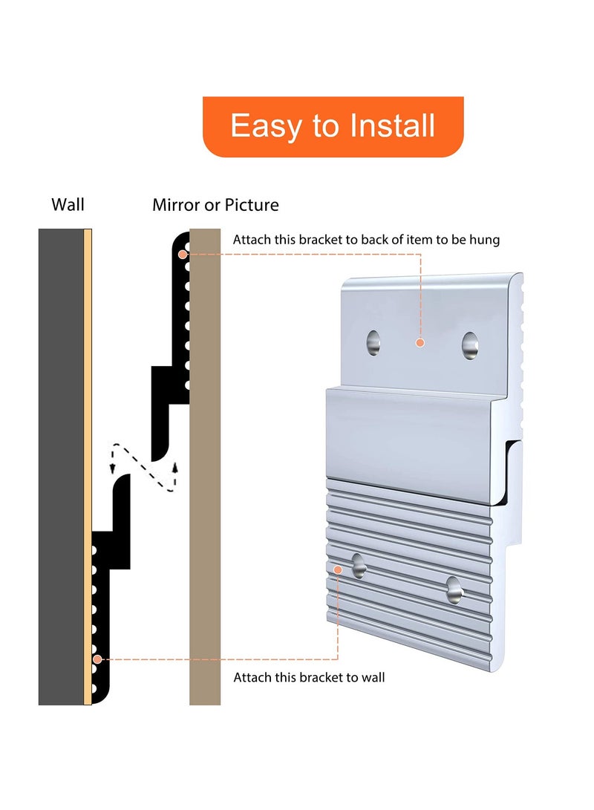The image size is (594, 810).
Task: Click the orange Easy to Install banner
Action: point(333,126)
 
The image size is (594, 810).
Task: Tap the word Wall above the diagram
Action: point(68,204)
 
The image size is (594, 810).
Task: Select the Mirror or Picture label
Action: point(215,205)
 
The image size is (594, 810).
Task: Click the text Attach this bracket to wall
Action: point(309,677)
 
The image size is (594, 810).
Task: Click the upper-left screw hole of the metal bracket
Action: point(373,343)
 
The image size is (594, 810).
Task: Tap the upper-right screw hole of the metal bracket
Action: point(469,345)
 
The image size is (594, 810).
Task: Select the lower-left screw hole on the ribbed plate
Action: point(359,566)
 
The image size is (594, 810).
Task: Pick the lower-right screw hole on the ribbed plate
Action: point(454,589)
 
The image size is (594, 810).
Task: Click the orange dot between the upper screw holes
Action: point(420,343)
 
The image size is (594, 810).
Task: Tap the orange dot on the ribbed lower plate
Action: point(339,569)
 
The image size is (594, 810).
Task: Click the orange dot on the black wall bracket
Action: point(97,659)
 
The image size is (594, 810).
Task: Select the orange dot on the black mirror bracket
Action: point(182,254)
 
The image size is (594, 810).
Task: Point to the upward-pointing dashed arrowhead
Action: point(176,466)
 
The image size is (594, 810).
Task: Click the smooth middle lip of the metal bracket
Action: point(416,431)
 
